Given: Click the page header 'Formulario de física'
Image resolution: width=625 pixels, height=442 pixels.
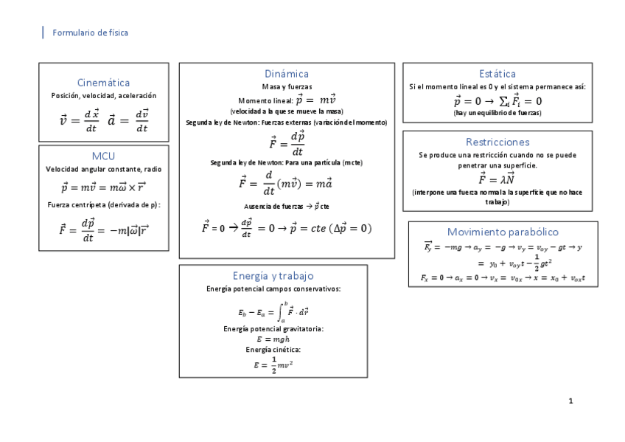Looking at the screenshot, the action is coord(91,32).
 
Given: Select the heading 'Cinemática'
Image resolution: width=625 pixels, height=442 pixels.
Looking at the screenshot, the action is coord(103,83).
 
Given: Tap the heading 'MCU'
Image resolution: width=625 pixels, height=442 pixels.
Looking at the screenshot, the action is coord(103,156).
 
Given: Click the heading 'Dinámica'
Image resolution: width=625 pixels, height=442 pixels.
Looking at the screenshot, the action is coord(287,74).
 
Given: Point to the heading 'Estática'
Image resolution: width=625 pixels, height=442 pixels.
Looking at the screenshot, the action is coord(497,74).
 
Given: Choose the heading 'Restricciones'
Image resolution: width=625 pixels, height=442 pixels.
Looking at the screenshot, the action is coord(497,142).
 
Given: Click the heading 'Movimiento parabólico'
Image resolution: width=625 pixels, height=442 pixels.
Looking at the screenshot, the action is coord(503,232).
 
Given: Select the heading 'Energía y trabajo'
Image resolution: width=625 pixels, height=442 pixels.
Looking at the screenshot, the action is coord(273,276).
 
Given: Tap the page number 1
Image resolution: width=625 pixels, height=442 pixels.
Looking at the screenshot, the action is coord(570,401).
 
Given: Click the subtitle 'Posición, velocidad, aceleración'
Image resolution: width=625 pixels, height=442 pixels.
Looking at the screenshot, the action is coord(103,96).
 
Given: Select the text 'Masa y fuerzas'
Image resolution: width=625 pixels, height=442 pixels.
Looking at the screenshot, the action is coord(287,87).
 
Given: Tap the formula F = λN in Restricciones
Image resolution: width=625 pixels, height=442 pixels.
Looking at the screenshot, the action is coord(497,179).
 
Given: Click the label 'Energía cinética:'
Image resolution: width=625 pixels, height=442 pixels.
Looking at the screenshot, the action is coord(273,349).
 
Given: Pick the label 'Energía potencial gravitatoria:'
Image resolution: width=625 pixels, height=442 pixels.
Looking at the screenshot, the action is coord(273,328).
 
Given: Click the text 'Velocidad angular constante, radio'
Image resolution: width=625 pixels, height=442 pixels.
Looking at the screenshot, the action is coord(103,169).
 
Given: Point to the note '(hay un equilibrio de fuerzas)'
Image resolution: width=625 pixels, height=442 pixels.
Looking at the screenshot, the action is coord(497,113).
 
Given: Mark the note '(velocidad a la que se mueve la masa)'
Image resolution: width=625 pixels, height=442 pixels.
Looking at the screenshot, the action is coord(287,111).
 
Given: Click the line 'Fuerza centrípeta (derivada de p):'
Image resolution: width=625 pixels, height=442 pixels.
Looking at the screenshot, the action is coord(103,204).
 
